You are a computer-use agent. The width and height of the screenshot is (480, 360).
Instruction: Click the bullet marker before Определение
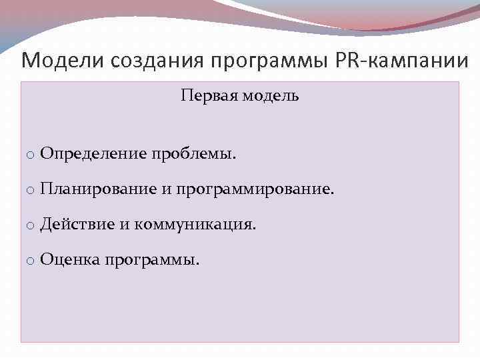(x=31, y=156)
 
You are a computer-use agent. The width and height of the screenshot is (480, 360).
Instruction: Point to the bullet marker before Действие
(x=31, y=226)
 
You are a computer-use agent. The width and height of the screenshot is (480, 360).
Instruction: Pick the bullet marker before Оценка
(x=31, y=261)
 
